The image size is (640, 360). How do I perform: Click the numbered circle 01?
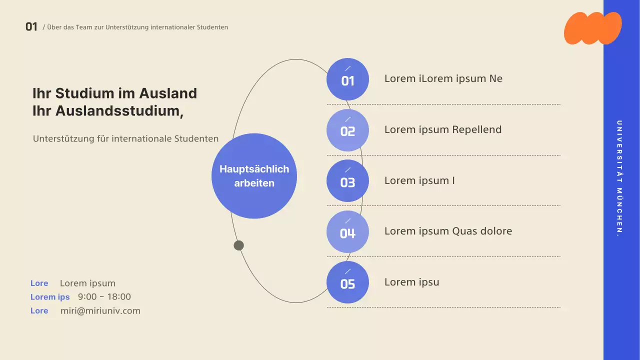[347, 79]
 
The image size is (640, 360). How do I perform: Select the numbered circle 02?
[347, 130]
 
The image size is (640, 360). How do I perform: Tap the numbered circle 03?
[347, 181]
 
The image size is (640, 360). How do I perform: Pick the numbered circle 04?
[347, 232]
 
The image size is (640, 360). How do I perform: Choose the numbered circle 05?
[347, 282]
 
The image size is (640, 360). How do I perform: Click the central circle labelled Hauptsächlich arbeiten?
[254, 176]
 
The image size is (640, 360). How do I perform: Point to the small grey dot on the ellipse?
[239, 245]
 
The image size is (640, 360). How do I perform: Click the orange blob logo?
[592, 28]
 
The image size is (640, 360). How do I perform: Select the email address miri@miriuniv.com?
[100, 311]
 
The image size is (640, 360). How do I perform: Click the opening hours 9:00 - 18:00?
[104, 297]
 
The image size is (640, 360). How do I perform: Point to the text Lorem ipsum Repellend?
[442, 130]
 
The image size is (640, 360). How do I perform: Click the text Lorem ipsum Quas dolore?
[448, 231]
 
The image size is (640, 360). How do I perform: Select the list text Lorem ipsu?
[411, 282]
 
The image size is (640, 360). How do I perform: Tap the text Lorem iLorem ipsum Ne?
[443, 79]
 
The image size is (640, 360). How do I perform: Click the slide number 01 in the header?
[31, 27]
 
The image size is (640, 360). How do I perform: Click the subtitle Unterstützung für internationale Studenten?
[125, 139]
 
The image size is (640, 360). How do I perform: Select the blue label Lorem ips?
[50, 297]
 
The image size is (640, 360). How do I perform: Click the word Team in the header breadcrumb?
[83, 27]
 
